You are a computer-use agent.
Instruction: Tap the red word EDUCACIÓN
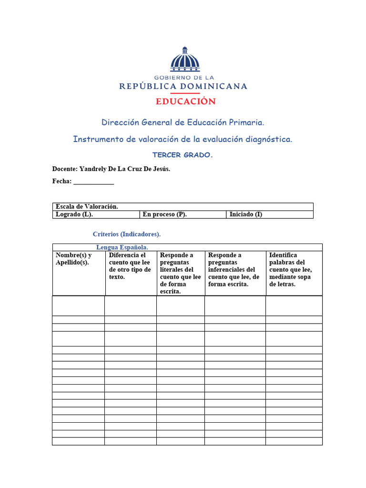(x=185, y=101)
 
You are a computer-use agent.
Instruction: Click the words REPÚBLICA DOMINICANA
(x=183, y=86)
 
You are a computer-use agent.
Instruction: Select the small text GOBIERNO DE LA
(x=184, y=77)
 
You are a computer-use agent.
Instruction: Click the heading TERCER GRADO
(x=183, y=155)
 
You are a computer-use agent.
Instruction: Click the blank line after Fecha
(x=94, y=182)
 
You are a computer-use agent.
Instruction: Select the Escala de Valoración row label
(x=87, y=206)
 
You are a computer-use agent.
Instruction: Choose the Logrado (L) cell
(x=74, y=214)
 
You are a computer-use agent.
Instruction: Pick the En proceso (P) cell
(x=164, y=214)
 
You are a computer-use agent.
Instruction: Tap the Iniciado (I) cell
(x=246, y=214)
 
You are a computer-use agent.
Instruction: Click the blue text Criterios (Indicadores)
(x=127, y=234)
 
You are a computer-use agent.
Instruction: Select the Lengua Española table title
(x=122, y=247)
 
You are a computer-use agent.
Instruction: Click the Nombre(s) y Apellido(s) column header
(x=74, y=259)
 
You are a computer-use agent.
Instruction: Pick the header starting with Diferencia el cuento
(x=130, y=266)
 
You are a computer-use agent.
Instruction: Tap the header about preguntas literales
(x=180, y=273)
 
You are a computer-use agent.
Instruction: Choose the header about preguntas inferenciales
(x=234, y=270)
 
